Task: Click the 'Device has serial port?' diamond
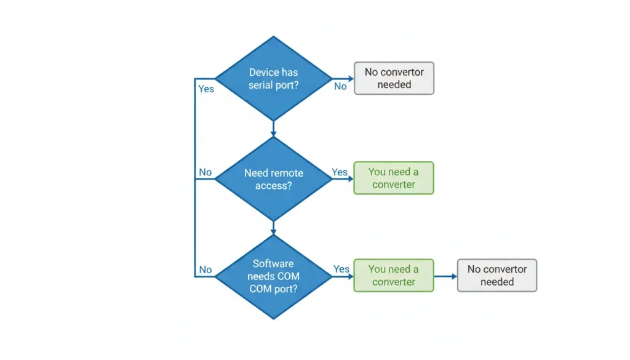tap(273, 79)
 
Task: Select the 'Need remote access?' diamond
tap(273, 179)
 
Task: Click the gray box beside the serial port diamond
tap(394, 78)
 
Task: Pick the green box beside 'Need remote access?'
tap(394, 178)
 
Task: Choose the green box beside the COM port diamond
tap(394, 275)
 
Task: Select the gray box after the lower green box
tap(496, 275)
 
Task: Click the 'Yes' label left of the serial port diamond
tap(206, 89)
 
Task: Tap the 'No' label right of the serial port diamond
tap(340, 87)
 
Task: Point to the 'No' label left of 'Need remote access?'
tap(205, 172)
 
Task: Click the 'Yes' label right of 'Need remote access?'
tap(340, 172)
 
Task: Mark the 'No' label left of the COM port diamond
tap(205, 270)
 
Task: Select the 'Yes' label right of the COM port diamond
tap(341, 269)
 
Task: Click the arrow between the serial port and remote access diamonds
tap(273, 129)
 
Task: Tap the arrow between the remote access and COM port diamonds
tap(273, 227)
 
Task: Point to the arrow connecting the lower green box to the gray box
tap(445, 276)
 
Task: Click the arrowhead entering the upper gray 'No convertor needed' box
tap(350, 79)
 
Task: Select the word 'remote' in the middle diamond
tap(287, 173)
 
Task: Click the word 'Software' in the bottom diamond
tap(273, 263)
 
